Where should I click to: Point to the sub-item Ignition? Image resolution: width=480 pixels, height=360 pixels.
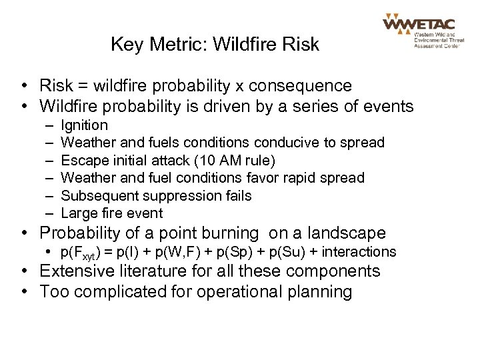click(83, 125)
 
